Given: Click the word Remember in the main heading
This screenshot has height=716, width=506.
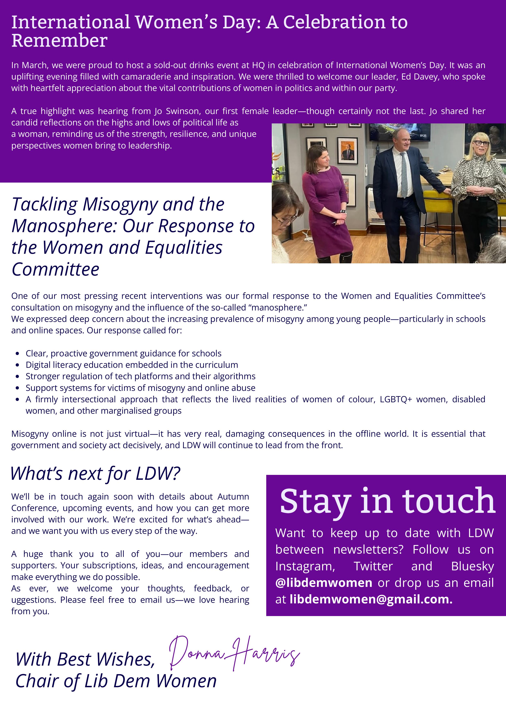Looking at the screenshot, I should pos(59,41).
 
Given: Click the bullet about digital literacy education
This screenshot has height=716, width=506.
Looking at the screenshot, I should pos(132,365).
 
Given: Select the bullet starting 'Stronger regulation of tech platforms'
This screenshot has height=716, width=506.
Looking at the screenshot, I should pos(140,376).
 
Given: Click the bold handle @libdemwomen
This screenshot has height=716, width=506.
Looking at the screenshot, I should pos(323,583).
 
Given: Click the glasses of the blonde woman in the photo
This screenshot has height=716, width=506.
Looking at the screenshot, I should pos(481,143).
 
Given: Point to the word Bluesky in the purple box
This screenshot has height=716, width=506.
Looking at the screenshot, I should pos(472,566).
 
